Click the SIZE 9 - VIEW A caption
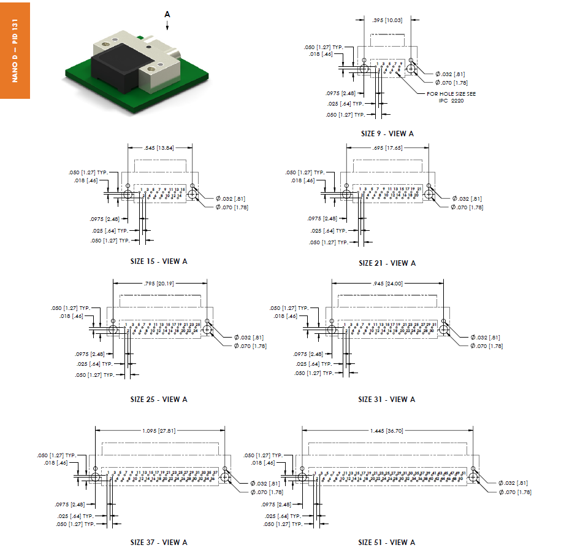tap(387, 133)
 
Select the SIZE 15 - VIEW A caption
tap(159, 261)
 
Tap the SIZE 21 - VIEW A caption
tap(387, 263)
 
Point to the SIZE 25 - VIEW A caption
tap(159, 399)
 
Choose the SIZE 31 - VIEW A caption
tap(386, 399)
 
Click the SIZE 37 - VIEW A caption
tap(159, 542)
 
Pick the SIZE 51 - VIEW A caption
tap(386, 542)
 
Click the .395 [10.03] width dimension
tap(387, 20)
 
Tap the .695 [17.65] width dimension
tap(387, 148)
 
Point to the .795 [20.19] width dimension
tap(159, 284)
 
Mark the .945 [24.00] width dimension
tap(387, 284)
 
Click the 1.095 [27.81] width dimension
tap(159, 431)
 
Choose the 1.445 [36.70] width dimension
tap(387, 431)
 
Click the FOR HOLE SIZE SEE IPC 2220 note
tap(451, 97)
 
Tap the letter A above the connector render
tap(167, 13)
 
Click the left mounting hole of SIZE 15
tap(128, 195)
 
